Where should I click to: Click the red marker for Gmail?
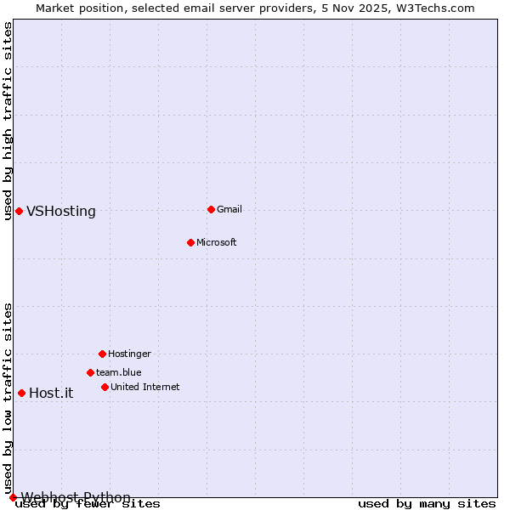(211, 209)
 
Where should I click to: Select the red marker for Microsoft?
(190, 242)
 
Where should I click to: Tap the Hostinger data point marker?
(102, 354)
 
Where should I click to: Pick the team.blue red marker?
(90, 372)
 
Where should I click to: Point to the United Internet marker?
(105, 387)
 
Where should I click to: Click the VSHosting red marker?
(19, 211)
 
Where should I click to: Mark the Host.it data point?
(21, 393)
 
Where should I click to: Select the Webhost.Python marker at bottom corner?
(13, 497)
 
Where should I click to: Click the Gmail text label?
(229, 209)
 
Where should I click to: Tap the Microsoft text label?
(217, 242)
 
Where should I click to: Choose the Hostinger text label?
(129, 354)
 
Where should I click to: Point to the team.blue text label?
(119, 372)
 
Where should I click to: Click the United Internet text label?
(145, 387)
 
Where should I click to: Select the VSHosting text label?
(61, 212)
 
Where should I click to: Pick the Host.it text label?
(51, 393)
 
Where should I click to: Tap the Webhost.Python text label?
(76, 497)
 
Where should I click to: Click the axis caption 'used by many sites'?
(427, 504)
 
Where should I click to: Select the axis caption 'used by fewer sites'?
(88, 504)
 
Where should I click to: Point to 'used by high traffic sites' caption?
(8, 121)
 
